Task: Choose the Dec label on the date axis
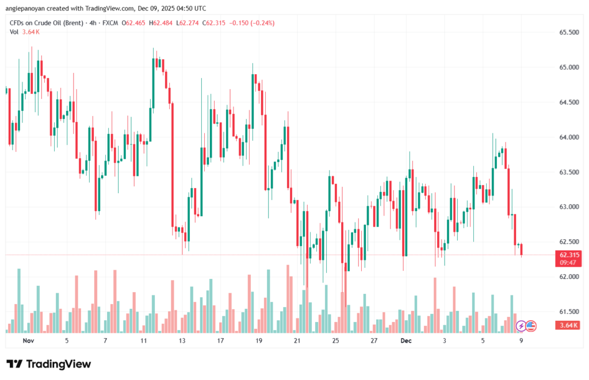tap(406, 340)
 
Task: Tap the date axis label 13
tap(182, 340)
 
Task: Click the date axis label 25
tap(335, 340)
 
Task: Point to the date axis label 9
tap(521, 340)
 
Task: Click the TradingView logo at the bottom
tap(48, 364)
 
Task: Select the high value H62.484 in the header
tap(162, 23)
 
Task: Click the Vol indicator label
tap(14, 32)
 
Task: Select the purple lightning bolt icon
tap(521, 326)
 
